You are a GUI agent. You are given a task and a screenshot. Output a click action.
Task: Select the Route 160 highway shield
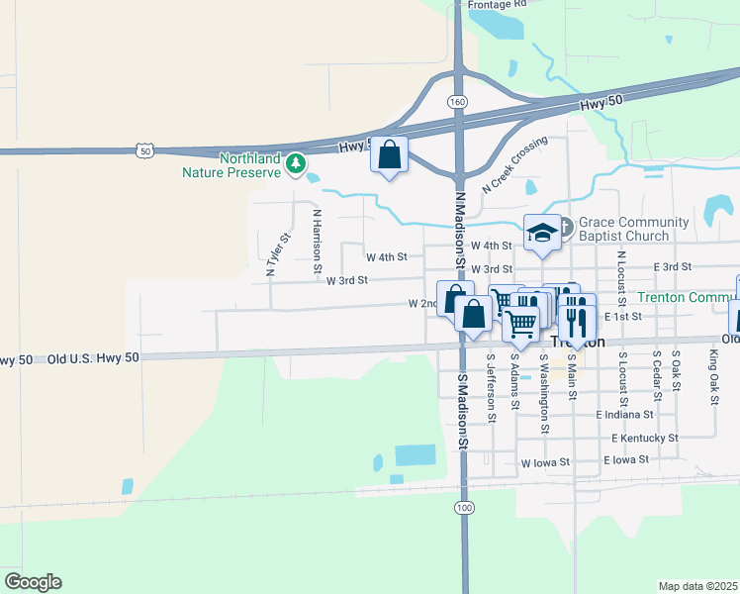click(x=456, y=102)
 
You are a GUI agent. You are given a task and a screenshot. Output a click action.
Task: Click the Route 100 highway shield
click(x=464, y=507)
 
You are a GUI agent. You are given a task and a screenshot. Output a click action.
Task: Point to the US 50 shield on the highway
click(x=145, y=150)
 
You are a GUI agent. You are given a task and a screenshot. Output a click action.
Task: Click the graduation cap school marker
click(x=541, y=233)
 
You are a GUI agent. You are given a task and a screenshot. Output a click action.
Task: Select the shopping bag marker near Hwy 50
click(x=390, y=154)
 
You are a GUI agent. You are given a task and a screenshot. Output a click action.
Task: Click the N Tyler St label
click(x=275, y=253)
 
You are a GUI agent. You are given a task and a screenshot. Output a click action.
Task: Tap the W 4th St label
click(x=387, y=257)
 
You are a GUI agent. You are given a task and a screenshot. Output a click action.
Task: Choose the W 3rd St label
click(x=347, y=280)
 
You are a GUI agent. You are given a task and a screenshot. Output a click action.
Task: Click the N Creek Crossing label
click(x=514, y=165)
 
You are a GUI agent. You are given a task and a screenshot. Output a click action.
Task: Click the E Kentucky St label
click(x=644, y=437)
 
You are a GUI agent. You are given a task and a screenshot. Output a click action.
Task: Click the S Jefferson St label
click(x=491, y=390)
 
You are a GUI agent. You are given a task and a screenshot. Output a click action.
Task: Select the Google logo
click(x=33, y=582)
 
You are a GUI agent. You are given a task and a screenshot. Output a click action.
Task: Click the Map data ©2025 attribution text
click(x=697, y=586)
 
